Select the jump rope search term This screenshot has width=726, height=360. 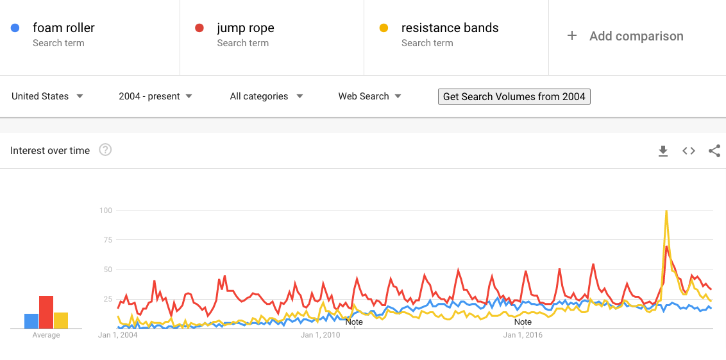click(x=245, y=28)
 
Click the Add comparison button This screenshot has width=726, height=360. click(x=625, y=37)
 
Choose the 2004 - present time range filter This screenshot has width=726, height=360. click(x=155, y=96)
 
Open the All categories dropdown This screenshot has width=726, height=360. click(x=266, y=96)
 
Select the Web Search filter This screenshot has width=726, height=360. click(x=369, y=96)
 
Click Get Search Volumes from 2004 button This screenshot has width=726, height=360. click(x=514, y=96)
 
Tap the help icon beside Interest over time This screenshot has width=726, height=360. click(x=105, y=150)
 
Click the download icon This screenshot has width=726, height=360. click(x=663, y=151)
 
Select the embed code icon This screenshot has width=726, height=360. click(x=689, y=151)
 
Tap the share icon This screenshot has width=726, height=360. click(x=714, y=151)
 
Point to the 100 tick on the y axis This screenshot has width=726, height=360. click(x=106, y=210)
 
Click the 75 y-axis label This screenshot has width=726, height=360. click(x=107, y=240)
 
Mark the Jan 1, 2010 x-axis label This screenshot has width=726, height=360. click(x=320, y=335)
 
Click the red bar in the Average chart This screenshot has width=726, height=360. click(x=46, y=312)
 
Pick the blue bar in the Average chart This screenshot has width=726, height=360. click(x=31, y=321)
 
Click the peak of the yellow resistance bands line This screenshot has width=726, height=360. click(x=666, y=211)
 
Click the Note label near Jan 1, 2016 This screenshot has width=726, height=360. click(x=523, y=322)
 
